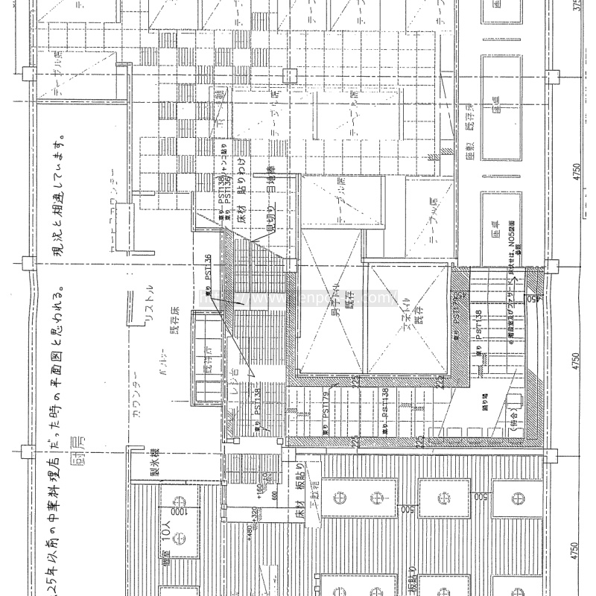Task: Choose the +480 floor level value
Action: tap(253, 534)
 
